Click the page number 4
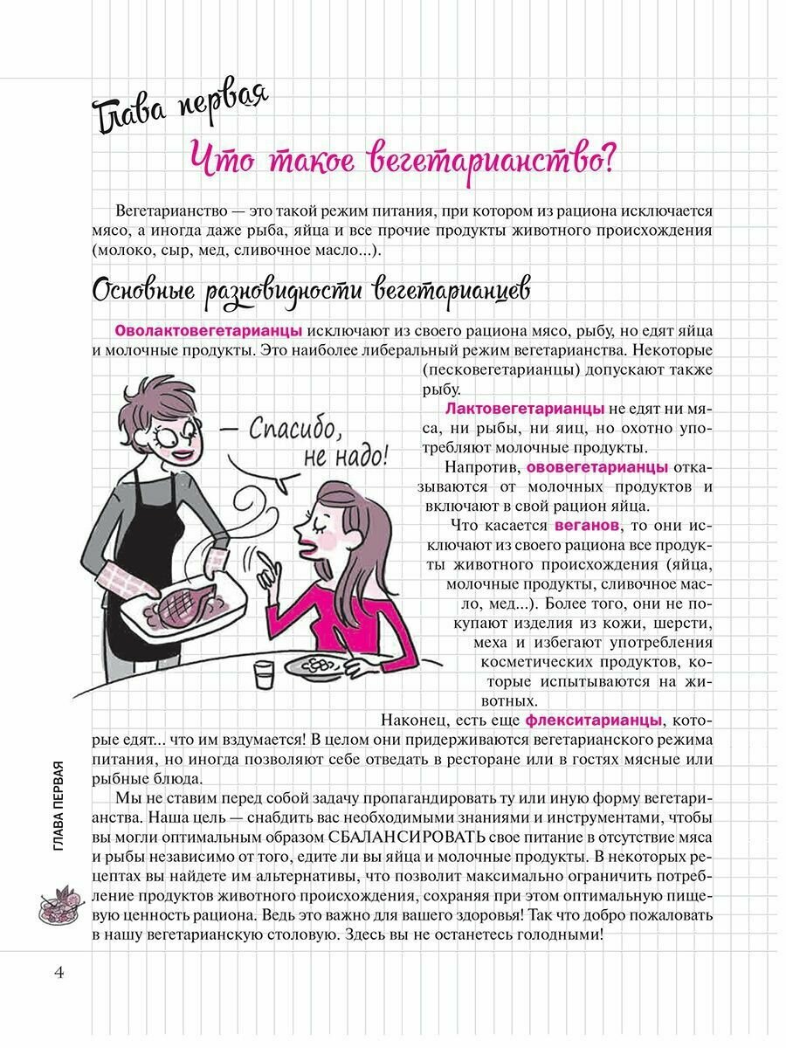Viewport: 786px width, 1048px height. pyautogui.click(x=59, y=973)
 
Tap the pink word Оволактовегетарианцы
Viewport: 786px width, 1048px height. pyautogui.click(x=209, y=331)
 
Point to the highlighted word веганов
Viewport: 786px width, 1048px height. pyautogui.click(x=587, y=525)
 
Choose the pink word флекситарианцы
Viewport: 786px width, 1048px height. pyautogui.click(x=594, y=720)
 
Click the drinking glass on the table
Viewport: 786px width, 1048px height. pyautogui.click(x=263, y=674)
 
